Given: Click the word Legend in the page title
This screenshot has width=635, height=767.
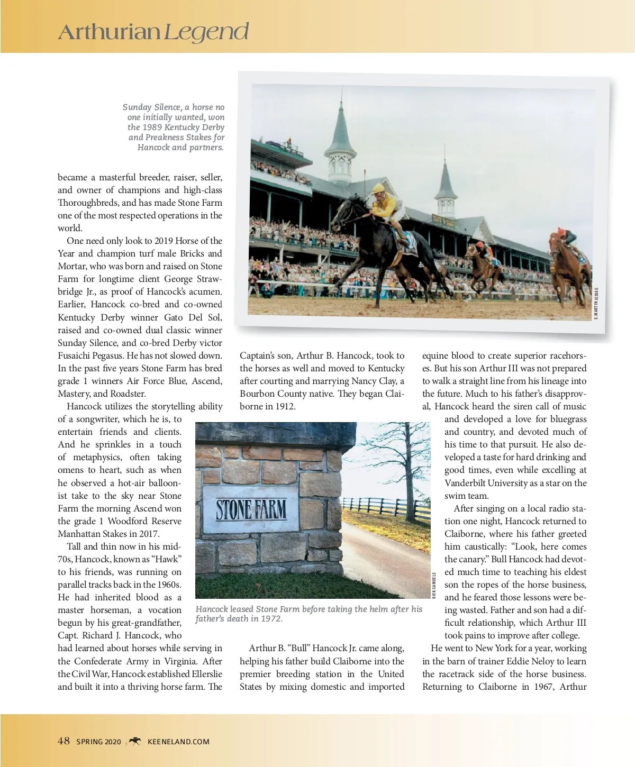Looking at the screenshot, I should pyautogui.click(x=206, y=33).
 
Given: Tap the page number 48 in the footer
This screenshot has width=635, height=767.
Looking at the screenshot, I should pyautogui.click(x=63, y=741).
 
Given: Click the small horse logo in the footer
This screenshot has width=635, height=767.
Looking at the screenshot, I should pyautogui.click(x=134, y=741).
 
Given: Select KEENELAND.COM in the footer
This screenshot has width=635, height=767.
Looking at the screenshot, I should pyautogui.click(x=178, y=742).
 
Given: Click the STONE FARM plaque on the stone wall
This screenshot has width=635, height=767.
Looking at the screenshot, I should pyautogui.click(x=251, y=509).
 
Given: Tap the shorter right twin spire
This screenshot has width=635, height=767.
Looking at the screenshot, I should pyautogui.click(x=446, y=190).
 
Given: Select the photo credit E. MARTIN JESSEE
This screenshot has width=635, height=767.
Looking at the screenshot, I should pyautogui.click(x=596, y=303).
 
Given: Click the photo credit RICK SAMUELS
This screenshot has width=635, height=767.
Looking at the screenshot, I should pyautogui.click(x=434, y=585).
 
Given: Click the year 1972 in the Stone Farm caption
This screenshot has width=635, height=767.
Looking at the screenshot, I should pyautogui.click(x=272, y=619).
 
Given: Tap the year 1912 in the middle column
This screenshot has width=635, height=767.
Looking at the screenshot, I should pyautogui.click(x=285, y=406).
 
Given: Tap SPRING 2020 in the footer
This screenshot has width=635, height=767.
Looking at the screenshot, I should pyautogui.click(x=98, y=742).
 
